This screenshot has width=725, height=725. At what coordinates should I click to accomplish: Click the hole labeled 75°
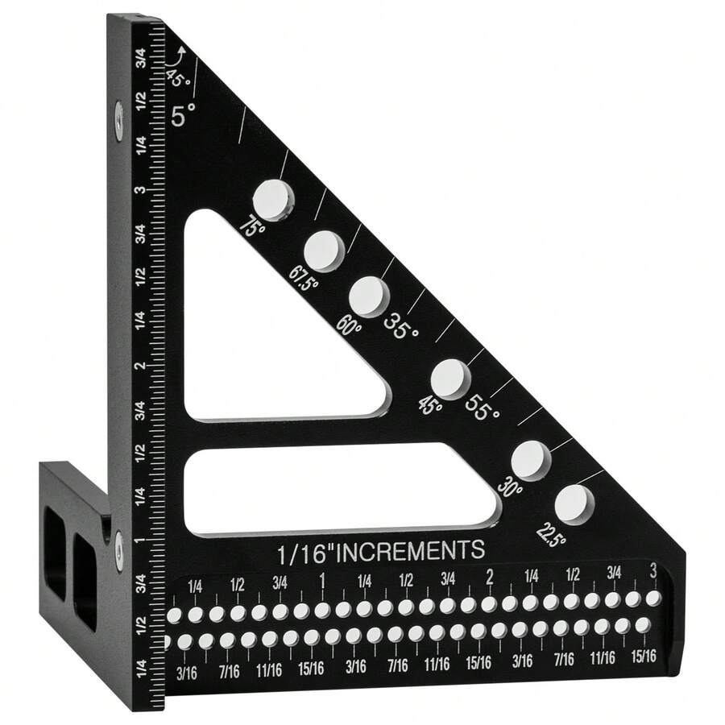(273, 199)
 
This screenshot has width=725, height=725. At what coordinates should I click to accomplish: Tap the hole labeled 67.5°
(324, 249)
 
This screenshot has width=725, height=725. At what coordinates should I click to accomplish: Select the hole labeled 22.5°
(573, 504)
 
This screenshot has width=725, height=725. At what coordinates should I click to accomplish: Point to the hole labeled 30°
(530, 460)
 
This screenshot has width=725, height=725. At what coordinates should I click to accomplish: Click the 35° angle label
(401, 326)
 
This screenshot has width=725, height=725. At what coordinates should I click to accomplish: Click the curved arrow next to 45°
(176, 58)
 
